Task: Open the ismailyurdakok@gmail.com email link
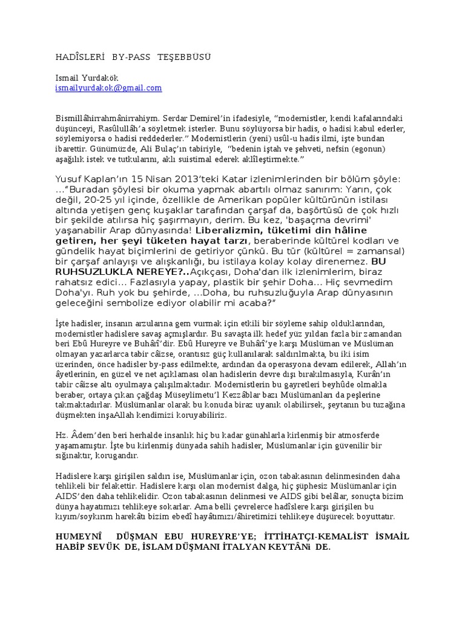click(x=108, y=88)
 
